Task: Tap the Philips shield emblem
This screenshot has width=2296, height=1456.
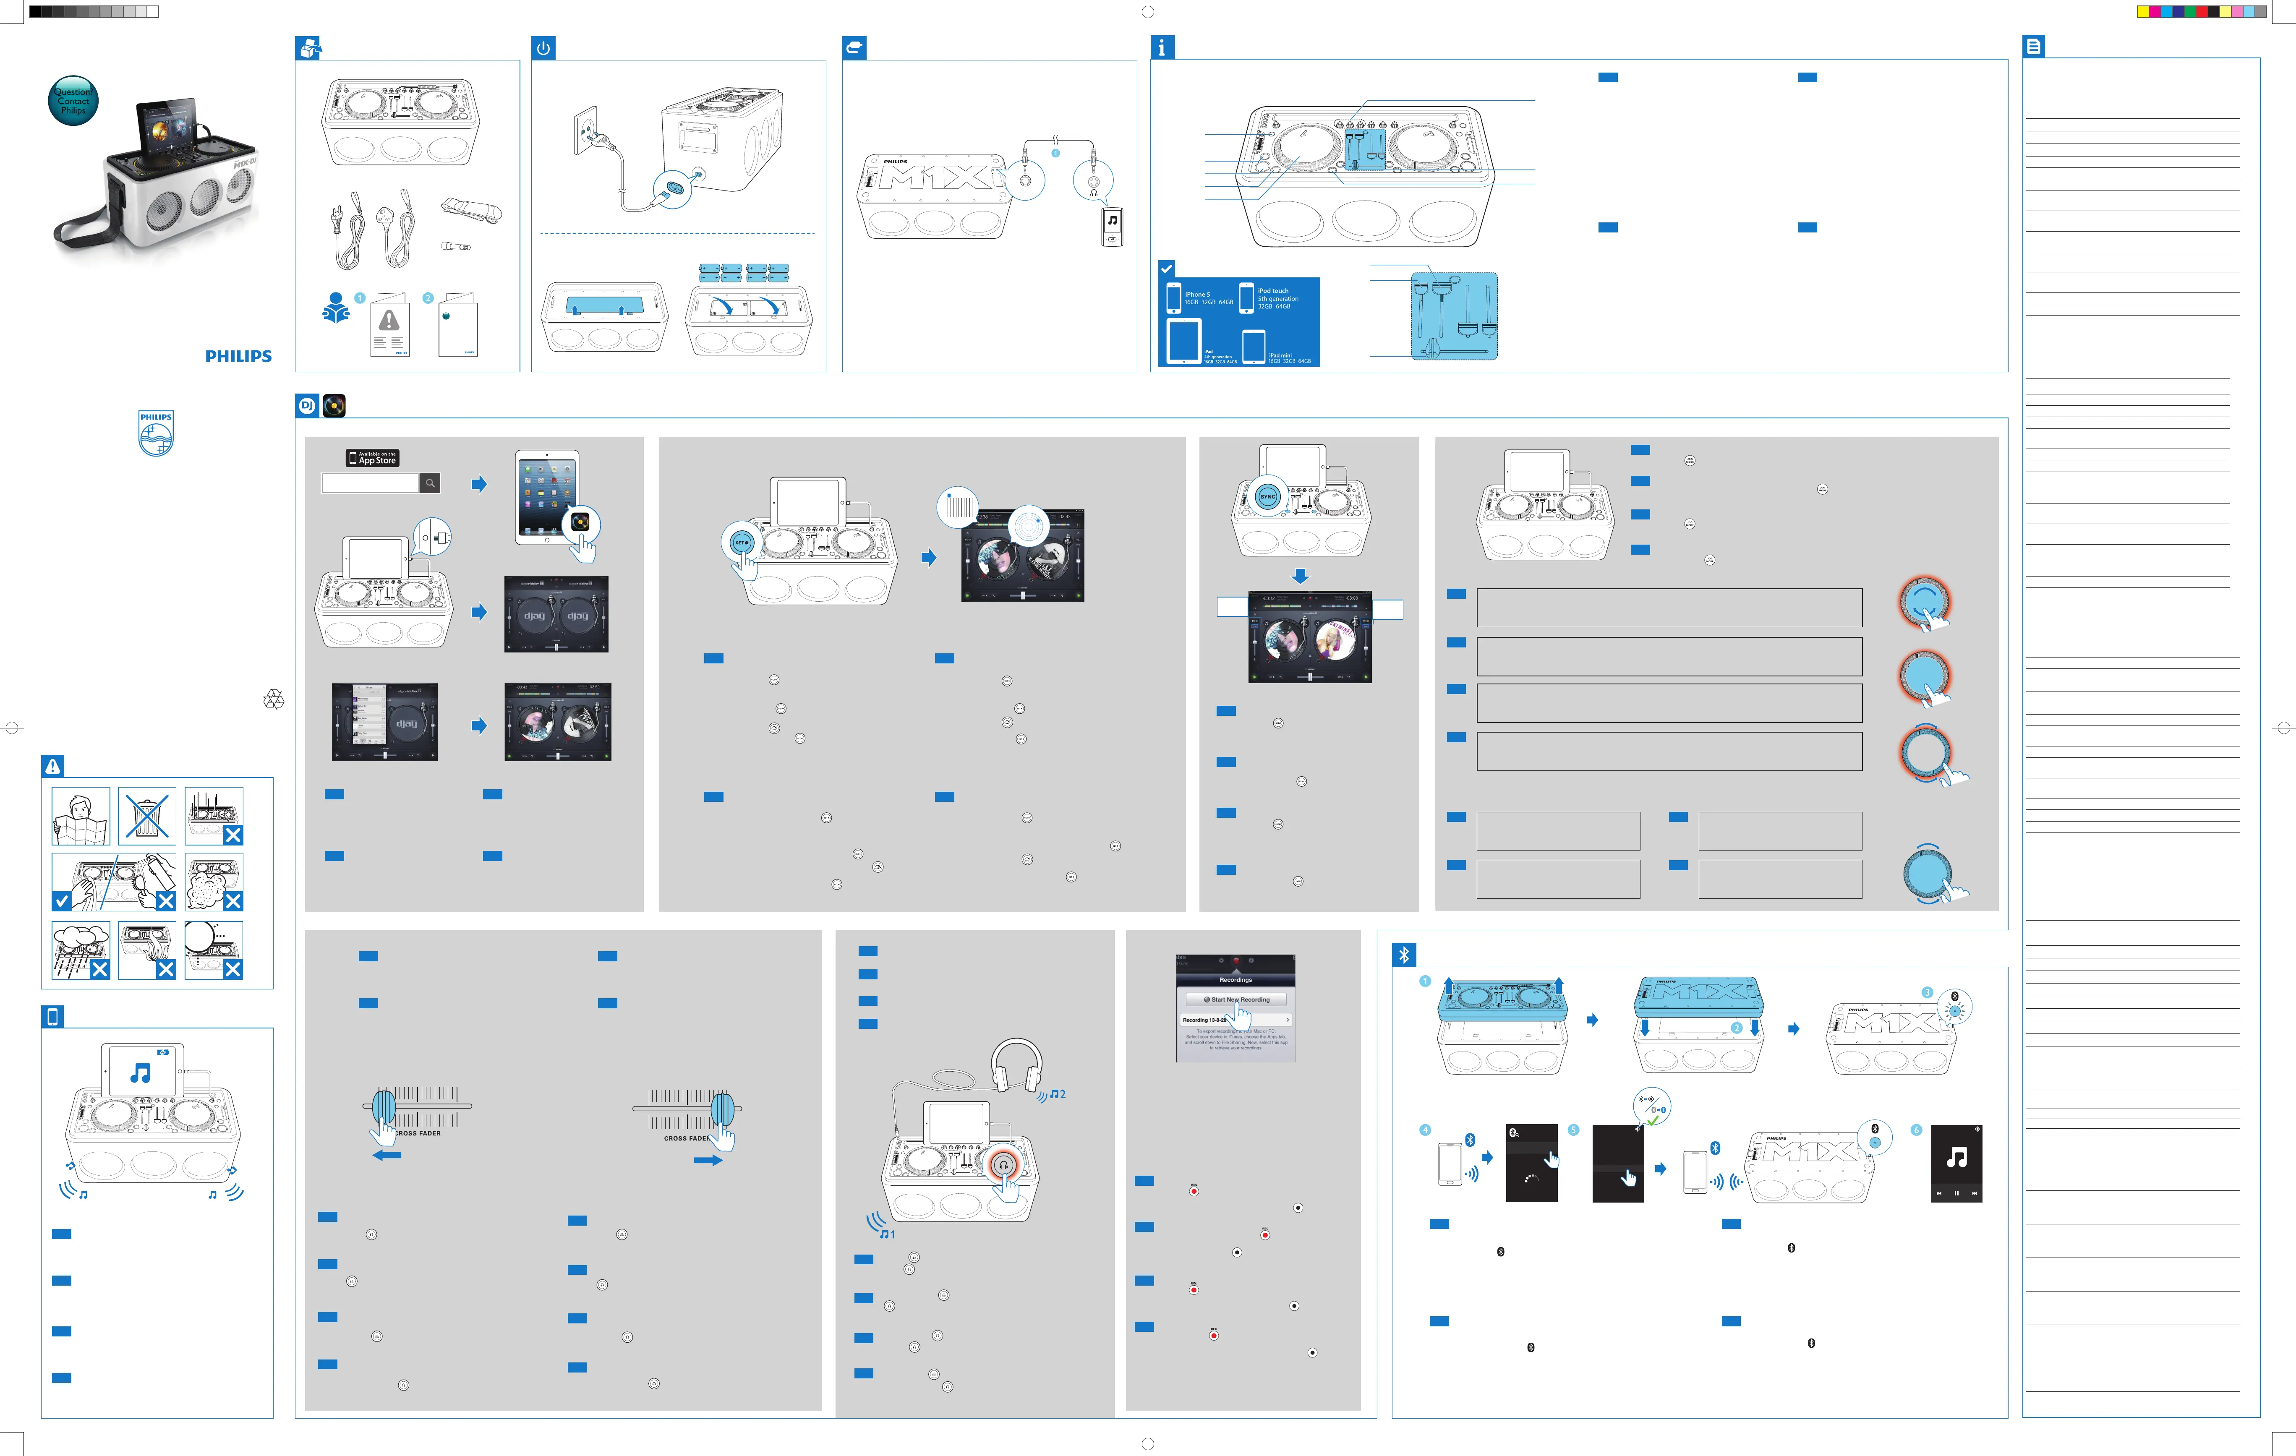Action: tap(157, 434)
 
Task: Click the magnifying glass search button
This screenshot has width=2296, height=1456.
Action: tap(430, 483)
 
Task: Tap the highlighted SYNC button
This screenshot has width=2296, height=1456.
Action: tap(1267, 497)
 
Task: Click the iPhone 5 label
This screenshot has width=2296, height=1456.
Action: tap(1198, 295)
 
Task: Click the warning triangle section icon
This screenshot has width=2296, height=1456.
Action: tap(52, 766)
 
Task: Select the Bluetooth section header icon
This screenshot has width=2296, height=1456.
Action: tap(1403, 955)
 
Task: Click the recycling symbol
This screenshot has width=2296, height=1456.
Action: tap(274, 701)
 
